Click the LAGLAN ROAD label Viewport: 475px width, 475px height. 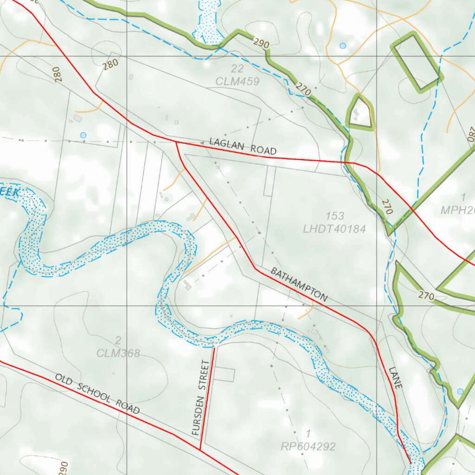(x=243, y=146)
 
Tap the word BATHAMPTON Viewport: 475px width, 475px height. (x=299, y=284)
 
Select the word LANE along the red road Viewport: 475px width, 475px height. (x=396, y=378)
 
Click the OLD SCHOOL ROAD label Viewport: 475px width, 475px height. (x=97, y=394)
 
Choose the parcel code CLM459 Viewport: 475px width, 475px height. (x=237, y=82)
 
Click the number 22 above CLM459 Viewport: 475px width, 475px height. (x=237, y=69)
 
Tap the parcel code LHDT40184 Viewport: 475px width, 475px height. (x=334, y=229)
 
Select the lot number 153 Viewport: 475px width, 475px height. (x=335, y=216)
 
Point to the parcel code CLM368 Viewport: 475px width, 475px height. (x=118, y=353)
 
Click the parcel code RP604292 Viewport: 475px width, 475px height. (x=308, y=447)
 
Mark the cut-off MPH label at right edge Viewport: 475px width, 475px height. (x=457, y=209)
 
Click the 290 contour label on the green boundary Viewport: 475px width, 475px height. (x=262, y=44)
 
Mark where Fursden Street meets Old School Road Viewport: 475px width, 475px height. (x=200, y=449)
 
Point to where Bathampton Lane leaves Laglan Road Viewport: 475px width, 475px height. (x=176, y=142)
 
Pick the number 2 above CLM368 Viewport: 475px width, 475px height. (x=118, y=341)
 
